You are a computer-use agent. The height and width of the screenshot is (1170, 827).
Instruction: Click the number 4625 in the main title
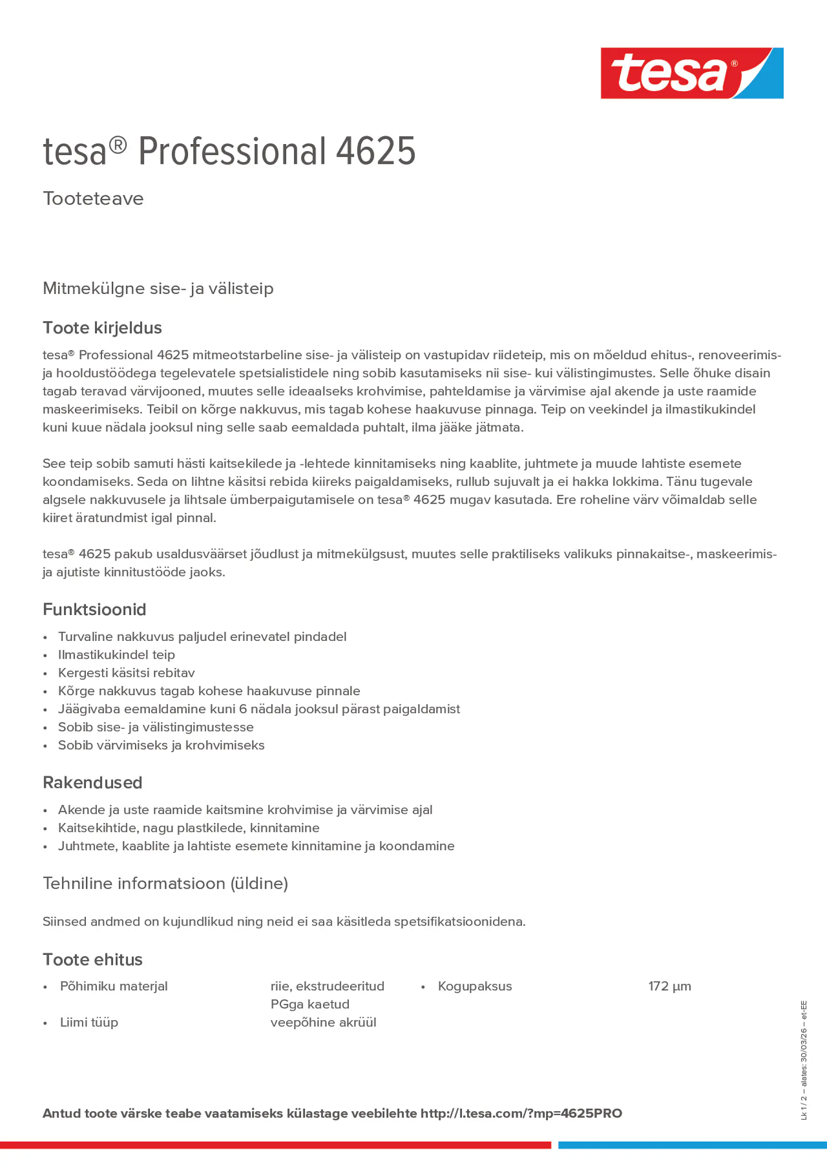point(375,152)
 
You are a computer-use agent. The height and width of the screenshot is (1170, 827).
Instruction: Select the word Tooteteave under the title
point(93,199)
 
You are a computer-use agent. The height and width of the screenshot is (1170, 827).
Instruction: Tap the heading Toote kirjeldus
point(102,328)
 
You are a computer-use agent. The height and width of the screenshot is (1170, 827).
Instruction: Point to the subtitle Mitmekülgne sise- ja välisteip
point(158,288)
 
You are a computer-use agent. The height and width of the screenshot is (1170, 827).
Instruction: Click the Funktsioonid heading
point(94,609)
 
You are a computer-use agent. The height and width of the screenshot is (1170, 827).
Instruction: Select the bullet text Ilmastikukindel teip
point(116,655)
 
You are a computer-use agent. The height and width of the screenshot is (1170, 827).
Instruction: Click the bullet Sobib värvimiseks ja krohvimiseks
point(161,745)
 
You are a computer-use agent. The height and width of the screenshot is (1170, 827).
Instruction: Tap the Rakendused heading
point(92,783)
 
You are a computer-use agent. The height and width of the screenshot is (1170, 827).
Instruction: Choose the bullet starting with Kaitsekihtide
point(188,827)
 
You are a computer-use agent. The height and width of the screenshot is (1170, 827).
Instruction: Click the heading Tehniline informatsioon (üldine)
point(165,883)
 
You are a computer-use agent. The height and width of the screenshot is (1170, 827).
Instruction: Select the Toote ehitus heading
point(92,960)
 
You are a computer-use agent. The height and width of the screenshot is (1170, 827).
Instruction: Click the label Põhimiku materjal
point(114,986)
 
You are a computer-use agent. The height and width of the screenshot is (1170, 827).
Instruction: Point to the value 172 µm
point(670,986)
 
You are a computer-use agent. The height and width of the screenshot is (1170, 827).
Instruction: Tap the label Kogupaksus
point(475,986)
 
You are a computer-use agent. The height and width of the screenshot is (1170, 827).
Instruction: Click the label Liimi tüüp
point(89,1022)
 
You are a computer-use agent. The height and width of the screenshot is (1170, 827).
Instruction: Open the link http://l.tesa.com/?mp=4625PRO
point(521,1113)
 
